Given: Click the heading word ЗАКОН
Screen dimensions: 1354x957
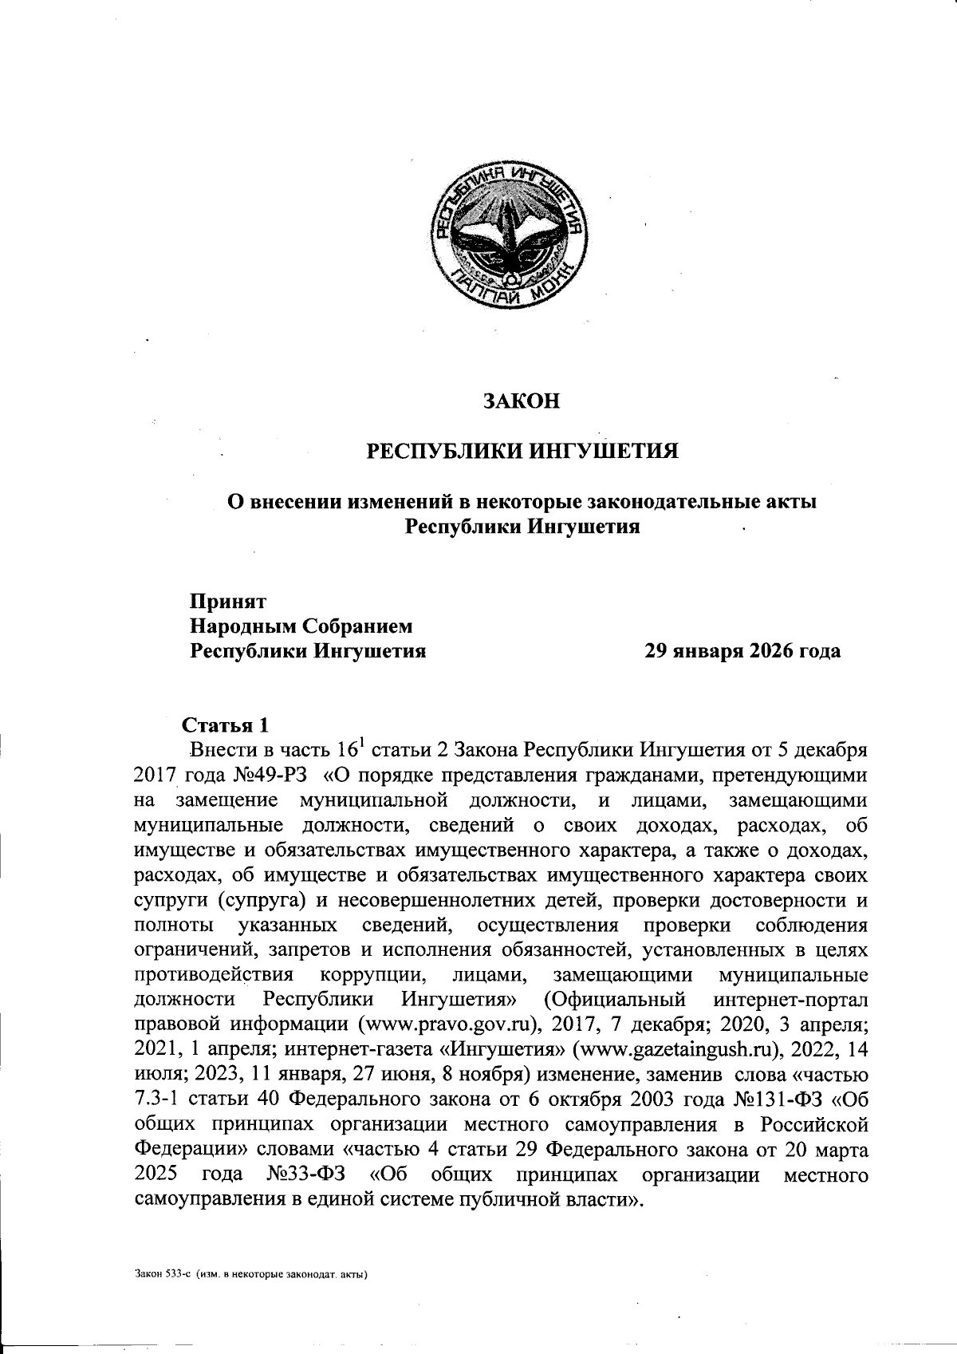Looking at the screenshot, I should click(x=522, y=401).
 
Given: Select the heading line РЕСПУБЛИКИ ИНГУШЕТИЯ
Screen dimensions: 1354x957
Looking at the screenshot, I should click(x=522, y=452).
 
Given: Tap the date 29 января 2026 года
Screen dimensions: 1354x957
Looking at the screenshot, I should click(x=742, y=651).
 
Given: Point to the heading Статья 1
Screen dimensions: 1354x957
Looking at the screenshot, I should click(x=226, y=726).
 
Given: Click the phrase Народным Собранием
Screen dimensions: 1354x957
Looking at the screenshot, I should click(x=301, y=626).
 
